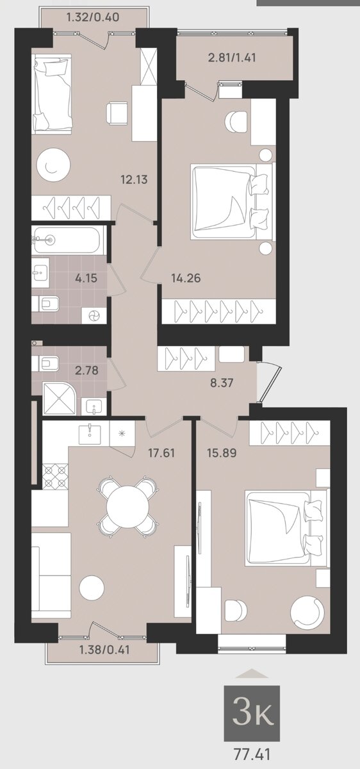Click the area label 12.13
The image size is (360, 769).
pyautogui.click(x=134, y=179)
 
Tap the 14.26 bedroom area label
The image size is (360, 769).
pyautogui.click(x=186, y=277)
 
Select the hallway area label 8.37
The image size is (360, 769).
pyautogui.click(x=222, y=383)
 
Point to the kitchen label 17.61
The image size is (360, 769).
pyautogui.click(x=161, y=453)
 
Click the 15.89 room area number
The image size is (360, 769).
pyautogui.click(x=222, y=453)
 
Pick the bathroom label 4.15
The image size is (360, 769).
pyautogui.click(x=86, y=277)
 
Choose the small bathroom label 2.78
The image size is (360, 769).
pyautogui.click(x=87, y=370)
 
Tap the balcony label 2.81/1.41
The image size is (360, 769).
pyautogui.click(x=232, y=57)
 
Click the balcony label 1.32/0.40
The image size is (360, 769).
pyautogui.click(x=94, y=17)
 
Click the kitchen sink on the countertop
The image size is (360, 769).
pyautogui.click(x=90, y=434)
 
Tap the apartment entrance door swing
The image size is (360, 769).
pyautogui.click(x=270, y=381)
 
